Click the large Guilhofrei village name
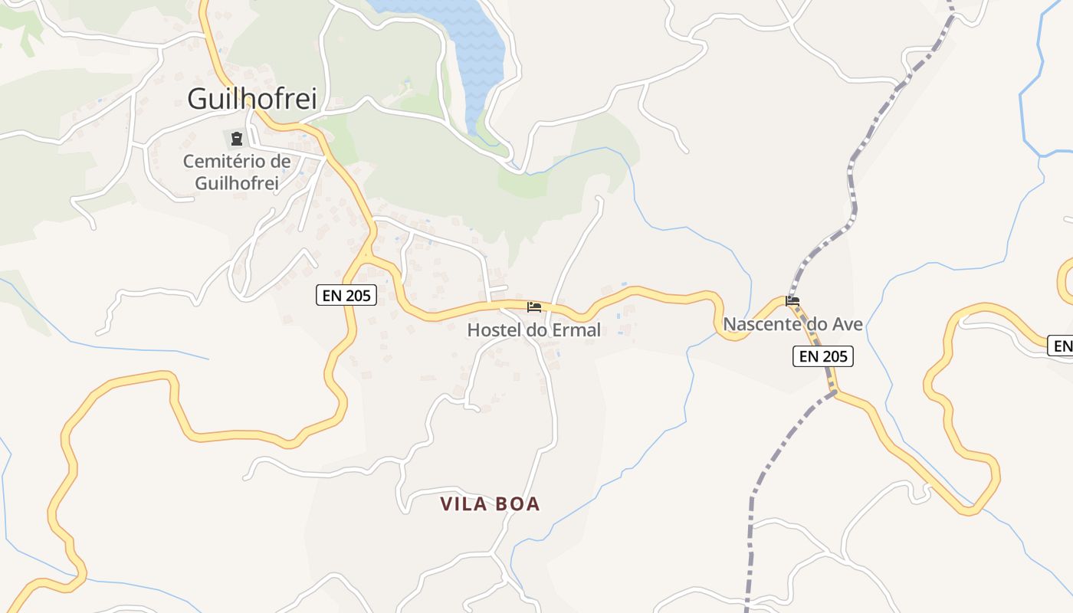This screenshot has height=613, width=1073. (x=252, y=99)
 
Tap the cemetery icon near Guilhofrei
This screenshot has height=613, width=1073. (x=236, y=139)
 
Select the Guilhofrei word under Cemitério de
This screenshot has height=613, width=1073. (x=236, y=183)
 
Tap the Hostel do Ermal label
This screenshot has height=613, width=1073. (x=533, y=330)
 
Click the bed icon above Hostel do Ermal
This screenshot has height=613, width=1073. (x=534, y=307)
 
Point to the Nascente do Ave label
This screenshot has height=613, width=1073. (x=792, y=324)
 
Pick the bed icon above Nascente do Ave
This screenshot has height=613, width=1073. (x=792, y=301)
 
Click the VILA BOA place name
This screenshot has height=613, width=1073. (x=490, y=503)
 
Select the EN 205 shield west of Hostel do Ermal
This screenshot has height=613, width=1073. (x=346, y=295)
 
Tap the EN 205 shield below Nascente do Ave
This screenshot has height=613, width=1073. (x=822, y=356)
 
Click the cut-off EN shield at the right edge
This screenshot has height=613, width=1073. (x=1061, y=346)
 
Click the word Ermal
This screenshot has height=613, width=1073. (x=574, y=330)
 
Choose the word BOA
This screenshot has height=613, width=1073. (x=517, y=503)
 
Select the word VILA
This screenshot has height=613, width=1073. (x=463, y=503)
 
